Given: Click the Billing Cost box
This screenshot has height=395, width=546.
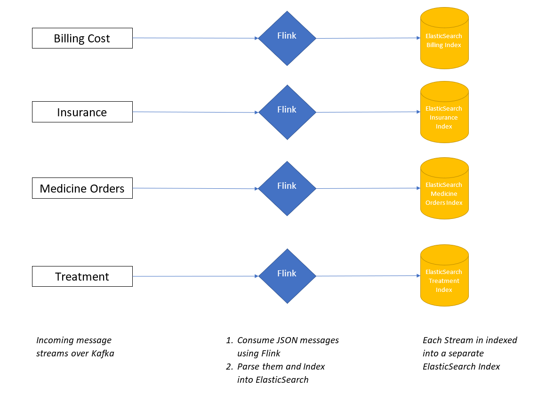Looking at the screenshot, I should click(82, 38).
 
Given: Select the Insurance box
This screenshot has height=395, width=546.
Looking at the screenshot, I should click(82, 112).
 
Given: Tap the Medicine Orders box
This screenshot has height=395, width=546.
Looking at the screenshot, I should click(82, 188).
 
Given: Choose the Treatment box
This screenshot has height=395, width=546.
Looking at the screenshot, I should click(82, 276).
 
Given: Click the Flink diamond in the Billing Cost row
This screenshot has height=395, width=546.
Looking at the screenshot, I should click(287, 38).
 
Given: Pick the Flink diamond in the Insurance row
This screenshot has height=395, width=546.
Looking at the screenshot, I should click(287, 112).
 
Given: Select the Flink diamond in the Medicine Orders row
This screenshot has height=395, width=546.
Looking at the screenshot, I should click(287, 188).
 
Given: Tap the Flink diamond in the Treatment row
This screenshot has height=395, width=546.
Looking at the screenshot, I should click(287, 276).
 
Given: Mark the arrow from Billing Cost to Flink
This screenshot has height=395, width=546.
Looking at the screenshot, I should click(195, 38).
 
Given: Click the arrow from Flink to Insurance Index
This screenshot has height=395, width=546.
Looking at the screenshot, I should click(368, 112).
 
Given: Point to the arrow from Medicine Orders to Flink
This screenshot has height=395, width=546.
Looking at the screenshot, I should click(195, 188).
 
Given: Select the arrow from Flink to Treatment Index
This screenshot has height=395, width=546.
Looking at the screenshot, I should click(368, 276).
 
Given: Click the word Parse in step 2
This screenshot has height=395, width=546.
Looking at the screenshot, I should click(248, 367).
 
